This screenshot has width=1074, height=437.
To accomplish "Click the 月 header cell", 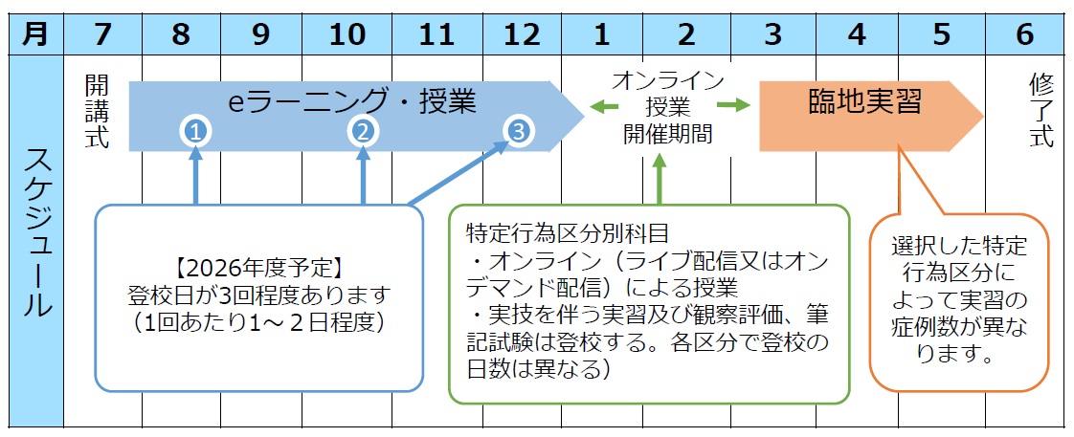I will [34, 34].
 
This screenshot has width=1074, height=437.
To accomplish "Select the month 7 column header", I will [102, 34].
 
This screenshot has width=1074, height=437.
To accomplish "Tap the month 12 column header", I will [521, 34].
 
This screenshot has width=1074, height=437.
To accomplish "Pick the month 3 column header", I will [772, 34].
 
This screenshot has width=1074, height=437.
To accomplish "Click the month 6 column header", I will [1024, 34].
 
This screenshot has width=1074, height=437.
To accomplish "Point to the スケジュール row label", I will [34, 234].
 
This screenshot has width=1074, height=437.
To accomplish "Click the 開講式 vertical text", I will [96, 111].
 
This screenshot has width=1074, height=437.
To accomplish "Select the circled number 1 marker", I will [195, 132].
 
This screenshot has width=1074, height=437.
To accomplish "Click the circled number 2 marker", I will [363, 132].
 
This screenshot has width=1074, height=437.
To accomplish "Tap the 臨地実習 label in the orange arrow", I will [864, 102].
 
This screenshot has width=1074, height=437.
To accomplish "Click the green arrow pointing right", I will [732, 105].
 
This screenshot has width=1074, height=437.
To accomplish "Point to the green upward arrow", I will [659, 179].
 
